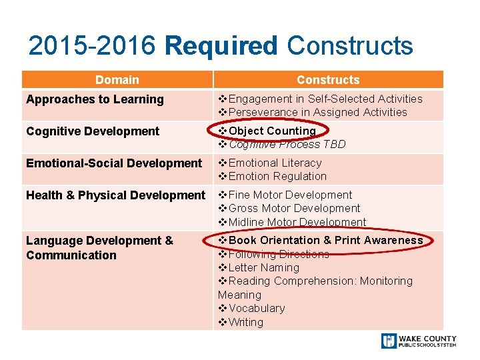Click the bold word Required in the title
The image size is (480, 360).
click(x=221, y=46)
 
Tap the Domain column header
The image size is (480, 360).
click(x=117, y=80)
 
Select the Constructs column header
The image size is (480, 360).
click(x=327, y=80)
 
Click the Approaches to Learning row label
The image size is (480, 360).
click(x=95, y=99)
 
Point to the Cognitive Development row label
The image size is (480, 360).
click(x=93, y=131)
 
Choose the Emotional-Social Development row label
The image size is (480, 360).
click(x=113, y=163)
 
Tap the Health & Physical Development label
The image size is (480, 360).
click(x=115, y=195)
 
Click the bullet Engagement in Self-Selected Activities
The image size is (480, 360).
click(x=325, y=99)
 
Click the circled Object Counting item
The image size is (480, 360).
click(x=271, y=131)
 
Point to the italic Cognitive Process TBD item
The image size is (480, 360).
click(x=287, y=144)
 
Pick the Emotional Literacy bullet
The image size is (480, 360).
click(x=274, y=163)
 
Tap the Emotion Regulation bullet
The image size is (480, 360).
click(x=277, y=176)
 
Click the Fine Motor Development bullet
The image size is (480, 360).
click(x=289, y=195)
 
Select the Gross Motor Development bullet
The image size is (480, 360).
click(x=293, y=208)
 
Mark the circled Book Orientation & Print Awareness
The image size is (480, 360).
click(x=325, y=240)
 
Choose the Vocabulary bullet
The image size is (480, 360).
click(x=256, y=308)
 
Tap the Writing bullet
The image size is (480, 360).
click(x=245, y=322)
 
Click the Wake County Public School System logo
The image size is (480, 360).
click(x=419, y=341)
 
